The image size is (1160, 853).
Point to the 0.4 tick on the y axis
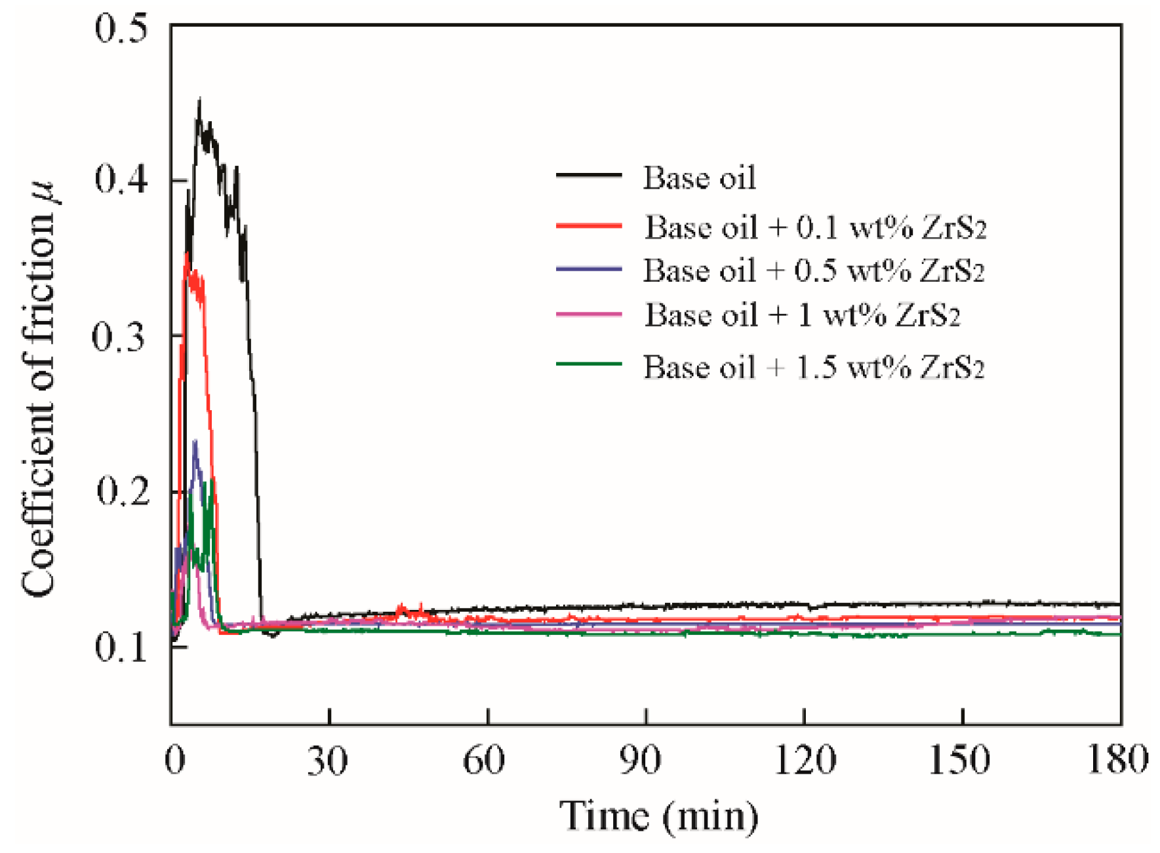pyautogui.click(x=121, y=179)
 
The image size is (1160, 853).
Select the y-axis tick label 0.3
pyautogui.click(x=119, y=336)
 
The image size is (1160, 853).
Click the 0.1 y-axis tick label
pyautogui.click(x=121, y=647)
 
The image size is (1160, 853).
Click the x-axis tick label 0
pyautogui.click(x=174, y=760)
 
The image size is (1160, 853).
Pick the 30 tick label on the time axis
pyautogui.click(x=328, y=760)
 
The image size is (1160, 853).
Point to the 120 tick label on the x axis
pyautogui.click(x=804, y=760)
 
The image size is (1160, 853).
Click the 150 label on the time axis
pyautogui.click(x=959, y=760)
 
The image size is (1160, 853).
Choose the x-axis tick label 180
pyautogui.click(x=1116, y=760)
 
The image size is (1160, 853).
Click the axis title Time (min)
pyautogui.click(x=658, y=816)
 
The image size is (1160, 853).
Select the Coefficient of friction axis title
pyautogui.click(x=39, y=390)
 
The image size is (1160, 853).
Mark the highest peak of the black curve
pyautogui.click(x=199, y=100)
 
